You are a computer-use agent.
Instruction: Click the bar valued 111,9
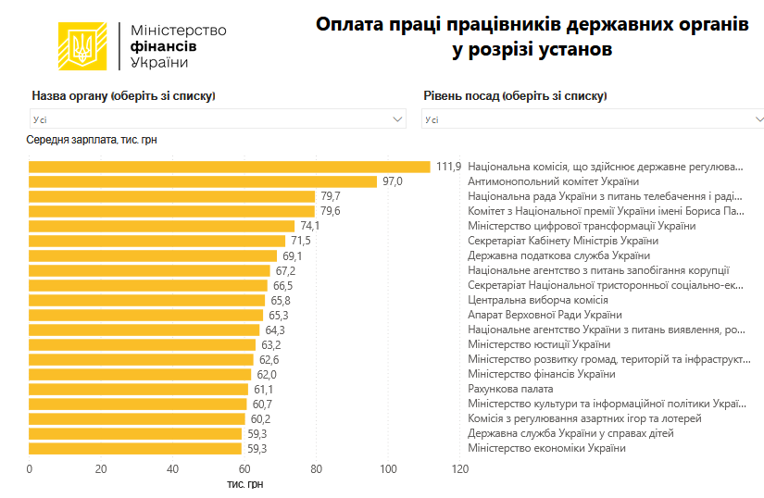[230, 167]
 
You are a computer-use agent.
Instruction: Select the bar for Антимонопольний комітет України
[203, 181]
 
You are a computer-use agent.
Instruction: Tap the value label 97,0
[393, 181]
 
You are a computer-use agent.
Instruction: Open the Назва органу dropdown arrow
[398, 119]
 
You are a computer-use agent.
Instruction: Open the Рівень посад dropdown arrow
[758, 119]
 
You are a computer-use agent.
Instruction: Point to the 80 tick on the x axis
[317, 469]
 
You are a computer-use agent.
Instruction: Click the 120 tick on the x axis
[460, 469]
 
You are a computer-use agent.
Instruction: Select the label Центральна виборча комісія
[538, 300]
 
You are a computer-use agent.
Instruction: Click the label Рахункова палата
[510, 389]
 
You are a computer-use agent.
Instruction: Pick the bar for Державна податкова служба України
[153, 255]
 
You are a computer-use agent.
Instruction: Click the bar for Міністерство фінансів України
[140, 374]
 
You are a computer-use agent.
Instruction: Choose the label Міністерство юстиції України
[539, 344]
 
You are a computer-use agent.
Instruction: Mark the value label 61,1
[263, 389]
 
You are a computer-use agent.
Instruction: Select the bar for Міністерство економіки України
[135, 448]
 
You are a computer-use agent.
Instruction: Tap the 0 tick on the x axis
[30, 469]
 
